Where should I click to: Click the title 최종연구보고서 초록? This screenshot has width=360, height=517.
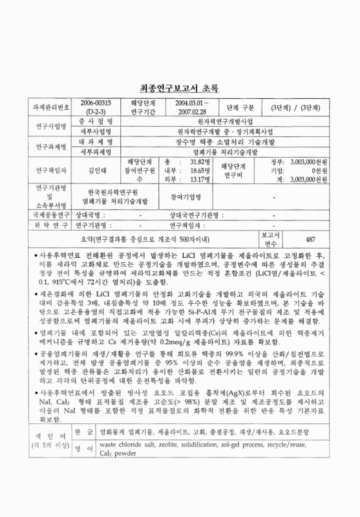[180, 89]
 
